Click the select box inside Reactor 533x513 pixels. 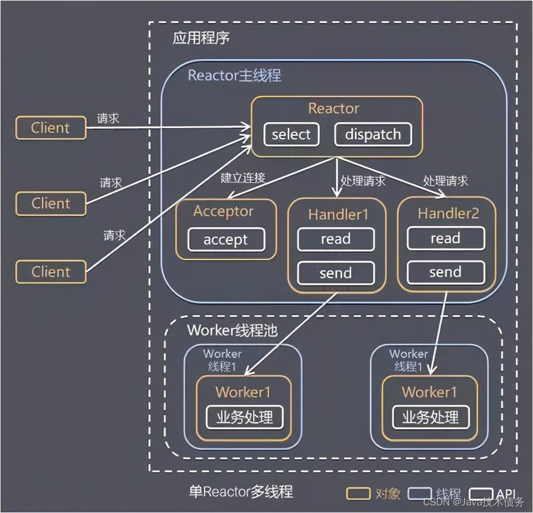(x=291, y=135)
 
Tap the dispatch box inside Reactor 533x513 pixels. (x=373, y=135)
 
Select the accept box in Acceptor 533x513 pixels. (x=225, y=240)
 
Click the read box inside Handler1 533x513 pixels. (x=335, y=239)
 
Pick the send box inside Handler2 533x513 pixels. (x=445, y=273)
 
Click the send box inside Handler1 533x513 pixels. (x=335, y=273)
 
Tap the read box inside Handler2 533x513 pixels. (x=445, y=239)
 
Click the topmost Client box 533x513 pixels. (x=51, y=128)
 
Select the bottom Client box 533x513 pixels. (x=51, y=272)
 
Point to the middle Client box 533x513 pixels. (x=51, y=204)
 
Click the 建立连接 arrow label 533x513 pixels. (x=243, y=178)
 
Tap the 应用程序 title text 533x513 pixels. (x=201, y=39)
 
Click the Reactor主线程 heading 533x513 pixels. (x=235, y=75)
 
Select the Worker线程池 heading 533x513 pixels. (x=232, y=330)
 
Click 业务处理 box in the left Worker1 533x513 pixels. (x=244, y=417)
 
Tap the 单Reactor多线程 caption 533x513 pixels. (x=241, y=491)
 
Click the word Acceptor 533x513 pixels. (x=224, y=212)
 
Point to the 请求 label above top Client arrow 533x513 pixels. (x=108, y=118)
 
